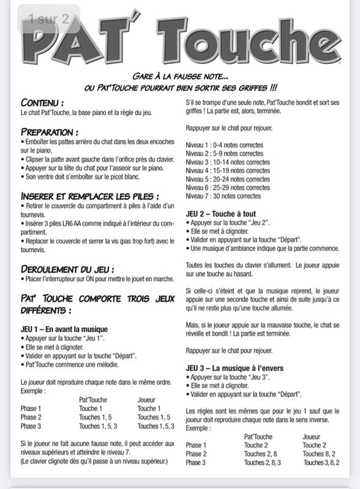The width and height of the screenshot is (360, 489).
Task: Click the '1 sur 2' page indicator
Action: pyautogui.click(x=49, y=20)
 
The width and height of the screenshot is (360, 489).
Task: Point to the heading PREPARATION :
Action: pyautogui.click(x=50, y=132)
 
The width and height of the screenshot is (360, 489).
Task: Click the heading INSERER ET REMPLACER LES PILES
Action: pyautogui.click(x=90, y=196)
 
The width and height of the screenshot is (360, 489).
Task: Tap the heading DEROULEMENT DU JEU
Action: pyautogui.click(x=67, y=269)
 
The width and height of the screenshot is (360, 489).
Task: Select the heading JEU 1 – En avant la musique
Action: pyautogui.click(x=64, y=329)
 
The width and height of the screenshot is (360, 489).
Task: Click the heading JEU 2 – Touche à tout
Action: pyautogui.click(x=221, y=213)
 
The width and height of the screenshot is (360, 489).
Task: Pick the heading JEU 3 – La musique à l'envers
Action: pyautogui.click(x=234, y=368)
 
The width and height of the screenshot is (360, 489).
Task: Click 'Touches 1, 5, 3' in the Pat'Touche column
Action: pyautogui.click(x=98, y=426)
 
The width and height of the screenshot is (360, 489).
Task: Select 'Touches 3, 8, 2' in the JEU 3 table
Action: pyautogui.click(x=321, y=463)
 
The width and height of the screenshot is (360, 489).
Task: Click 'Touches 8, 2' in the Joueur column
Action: pyautogui.click(x=319, y=454)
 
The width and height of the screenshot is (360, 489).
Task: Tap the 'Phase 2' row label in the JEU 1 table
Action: pyautogui.click(x=31, y=417)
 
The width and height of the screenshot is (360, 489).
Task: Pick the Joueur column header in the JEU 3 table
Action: pyautogui.click(x=311, y=437)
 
